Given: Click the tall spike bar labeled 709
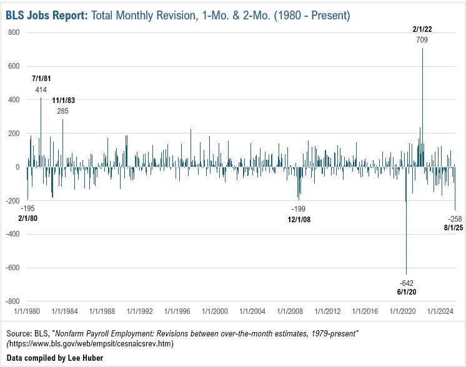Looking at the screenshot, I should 422,106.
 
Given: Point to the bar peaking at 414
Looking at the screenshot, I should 41,131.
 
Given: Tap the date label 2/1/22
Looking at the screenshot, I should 422,29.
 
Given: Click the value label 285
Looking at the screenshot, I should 62,111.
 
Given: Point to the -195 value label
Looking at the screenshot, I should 27,208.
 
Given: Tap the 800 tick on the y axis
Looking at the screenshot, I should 13,32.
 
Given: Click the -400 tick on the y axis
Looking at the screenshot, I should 11,234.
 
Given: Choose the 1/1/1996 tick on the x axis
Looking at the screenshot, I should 177,310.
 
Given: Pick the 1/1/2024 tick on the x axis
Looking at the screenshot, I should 440,310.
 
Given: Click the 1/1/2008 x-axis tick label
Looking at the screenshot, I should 290,310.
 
